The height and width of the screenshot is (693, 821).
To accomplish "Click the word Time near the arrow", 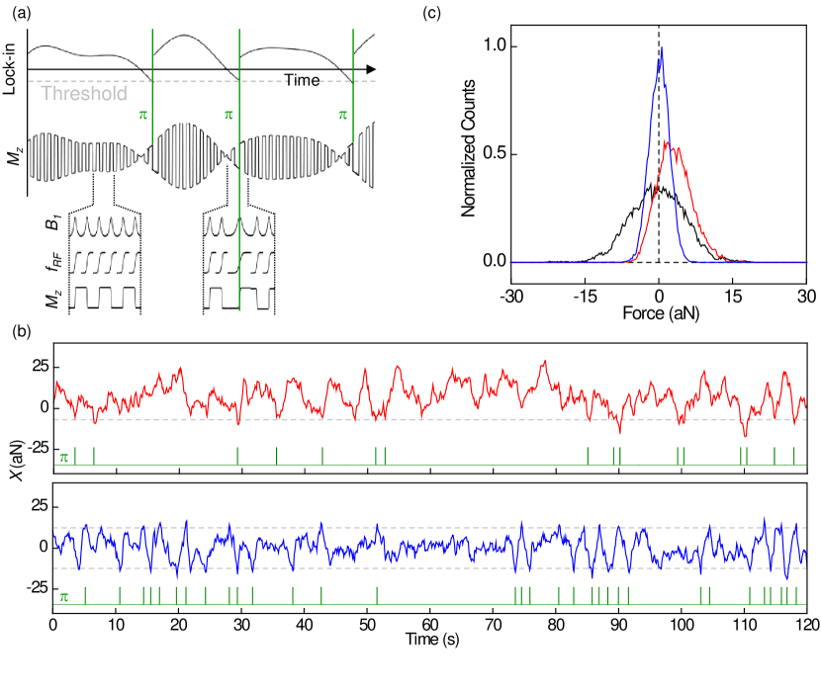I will point(302,80).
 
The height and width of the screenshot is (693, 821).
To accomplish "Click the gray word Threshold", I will point(84,94).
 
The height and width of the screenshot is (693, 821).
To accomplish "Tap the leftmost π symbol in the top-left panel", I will point(143,115).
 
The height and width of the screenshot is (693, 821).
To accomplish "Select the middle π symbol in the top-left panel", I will point(228,115).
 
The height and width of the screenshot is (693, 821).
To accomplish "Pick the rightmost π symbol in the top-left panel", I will point(343,115).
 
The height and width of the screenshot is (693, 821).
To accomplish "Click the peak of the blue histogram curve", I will point(661,49).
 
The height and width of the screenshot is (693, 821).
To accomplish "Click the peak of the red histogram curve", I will point(670,144).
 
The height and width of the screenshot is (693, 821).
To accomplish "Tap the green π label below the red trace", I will point(63,457).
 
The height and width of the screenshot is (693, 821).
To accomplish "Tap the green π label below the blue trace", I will point(63,597).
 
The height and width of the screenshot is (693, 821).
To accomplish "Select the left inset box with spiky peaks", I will point(105,226).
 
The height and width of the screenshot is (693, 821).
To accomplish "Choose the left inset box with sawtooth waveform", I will point(105,262).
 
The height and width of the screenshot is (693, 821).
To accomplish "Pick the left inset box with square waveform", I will point(105,298).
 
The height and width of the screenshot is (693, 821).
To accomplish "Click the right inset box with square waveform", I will point(238,298).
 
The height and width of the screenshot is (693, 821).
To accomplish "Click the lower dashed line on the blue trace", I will point(396,568).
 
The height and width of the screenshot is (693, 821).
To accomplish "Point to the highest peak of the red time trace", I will point(544,362).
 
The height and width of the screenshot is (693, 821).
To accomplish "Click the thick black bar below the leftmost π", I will point(152,178).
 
